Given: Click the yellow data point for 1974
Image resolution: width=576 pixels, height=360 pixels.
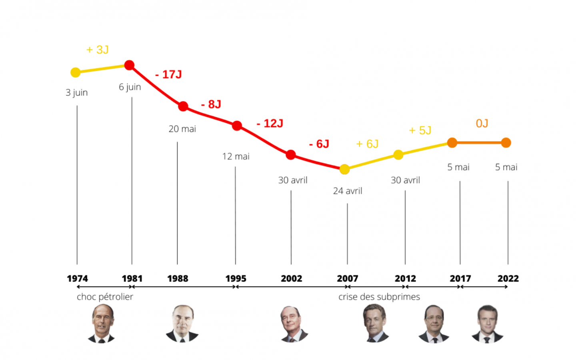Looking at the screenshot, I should [x=75, y=72].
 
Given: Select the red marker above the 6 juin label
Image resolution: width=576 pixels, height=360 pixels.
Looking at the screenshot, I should [x=129, y=65].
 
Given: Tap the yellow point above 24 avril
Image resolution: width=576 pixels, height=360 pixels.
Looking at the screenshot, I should [x=344, y=169].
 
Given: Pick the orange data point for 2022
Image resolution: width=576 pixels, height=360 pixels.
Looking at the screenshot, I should [x=506, y=143].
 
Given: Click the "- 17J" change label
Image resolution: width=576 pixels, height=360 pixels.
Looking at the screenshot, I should [x=168, y=74].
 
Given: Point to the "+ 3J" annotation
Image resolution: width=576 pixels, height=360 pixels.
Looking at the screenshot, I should [x=98, y=50].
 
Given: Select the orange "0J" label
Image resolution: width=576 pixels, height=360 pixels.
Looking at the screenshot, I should [x=482, y=123].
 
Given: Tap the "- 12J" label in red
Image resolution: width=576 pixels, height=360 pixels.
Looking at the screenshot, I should [x=270, y=124].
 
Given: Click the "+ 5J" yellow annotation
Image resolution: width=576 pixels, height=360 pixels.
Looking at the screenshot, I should [x=420, y=130].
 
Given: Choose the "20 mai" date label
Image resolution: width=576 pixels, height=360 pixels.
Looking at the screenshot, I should [x=182, y=129].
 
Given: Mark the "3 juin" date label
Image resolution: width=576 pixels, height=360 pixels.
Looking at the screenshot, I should [x=77, y=92].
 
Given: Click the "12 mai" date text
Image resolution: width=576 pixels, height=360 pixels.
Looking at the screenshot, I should [x=236, y=156].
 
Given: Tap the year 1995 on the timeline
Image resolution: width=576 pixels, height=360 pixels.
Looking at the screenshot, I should [x=236, y=278].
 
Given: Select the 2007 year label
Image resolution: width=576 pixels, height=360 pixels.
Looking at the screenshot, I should [x=347, y=278].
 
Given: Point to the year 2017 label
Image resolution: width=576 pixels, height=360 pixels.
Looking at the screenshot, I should [x=460, y=278].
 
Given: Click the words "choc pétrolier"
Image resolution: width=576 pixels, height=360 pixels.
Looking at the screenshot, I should [x=105, y=297].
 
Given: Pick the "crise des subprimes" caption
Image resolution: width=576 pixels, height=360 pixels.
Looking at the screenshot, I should [x=379, y=297].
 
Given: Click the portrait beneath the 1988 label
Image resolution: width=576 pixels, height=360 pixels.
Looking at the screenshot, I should [x=182, y=324].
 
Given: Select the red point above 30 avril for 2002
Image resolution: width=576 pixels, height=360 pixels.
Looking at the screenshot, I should [x=291, y=155].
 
